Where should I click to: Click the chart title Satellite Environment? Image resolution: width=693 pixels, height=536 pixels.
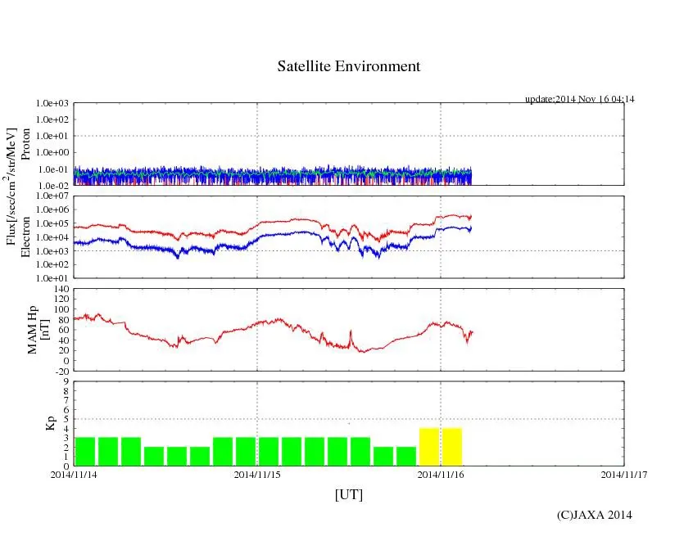tap(348, 66)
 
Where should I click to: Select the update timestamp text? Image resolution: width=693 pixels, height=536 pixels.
tap(579, 99)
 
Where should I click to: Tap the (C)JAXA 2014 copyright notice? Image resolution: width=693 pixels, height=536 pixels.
tap(594, 515)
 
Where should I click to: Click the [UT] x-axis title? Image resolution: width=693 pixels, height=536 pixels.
tap(348, 494)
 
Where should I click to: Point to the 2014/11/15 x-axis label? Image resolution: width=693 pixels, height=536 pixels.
tap(257, 473)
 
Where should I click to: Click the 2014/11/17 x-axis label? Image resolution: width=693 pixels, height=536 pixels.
tap(624, 473)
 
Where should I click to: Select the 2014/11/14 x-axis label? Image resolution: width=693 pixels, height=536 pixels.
tap(74, 473)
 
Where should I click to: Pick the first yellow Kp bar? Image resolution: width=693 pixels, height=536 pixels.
tap(429, 447)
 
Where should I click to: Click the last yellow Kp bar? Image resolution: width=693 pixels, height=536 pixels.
tap(452, 447)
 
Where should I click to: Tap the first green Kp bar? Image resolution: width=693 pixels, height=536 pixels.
tap(85, 451)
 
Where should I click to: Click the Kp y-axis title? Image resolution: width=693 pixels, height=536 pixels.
tap(48, 423)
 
